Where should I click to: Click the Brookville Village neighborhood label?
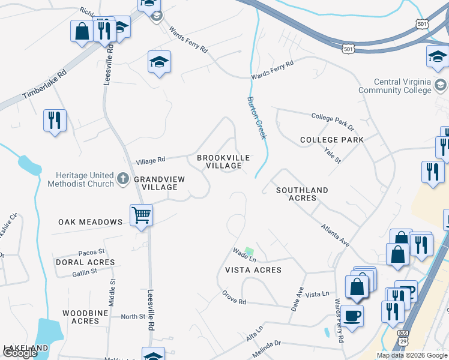click(x=223, y=161)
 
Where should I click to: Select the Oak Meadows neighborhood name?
click(x=91, y=222)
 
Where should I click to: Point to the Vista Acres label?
click(x=253, y=270)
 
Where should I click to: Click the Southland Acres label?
click(x=302, y=194)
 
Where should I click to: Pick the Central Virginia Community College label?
click(x=403, y=86)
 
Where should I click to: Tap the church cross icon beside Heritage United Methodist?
click(x=123, y=179)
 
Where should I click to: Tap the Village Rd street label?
click(x=150, y=160)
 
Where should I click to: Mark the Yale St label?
click(x=332, y=156)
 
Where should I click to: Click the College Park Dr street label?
click(x=333, y=121)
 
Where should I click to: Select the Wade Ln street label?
click(x=244, y=254)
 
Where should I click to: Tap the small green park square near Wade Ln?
click(x=249, y=251)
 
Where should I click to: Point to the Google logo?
click(x=20, y=353)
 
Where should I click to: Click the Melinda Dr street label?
click(x=267, y=349)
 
